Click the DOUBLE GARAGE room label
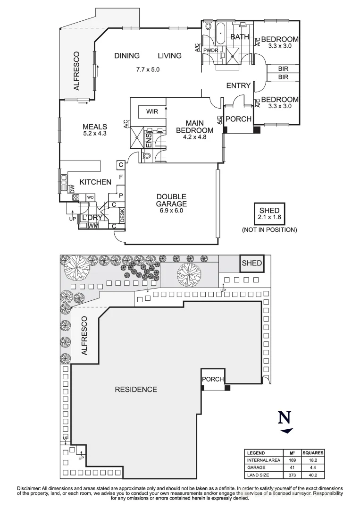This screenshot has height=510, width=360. click(171, 200)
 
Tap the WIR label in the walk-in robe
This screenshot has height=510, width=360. click(152, 112)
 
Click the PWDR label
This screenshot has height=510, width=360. click(210, 50)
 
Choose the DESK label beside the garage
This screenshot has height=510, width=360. click(122, 215)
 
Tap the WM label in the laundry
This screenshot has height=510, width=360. click(93, 226)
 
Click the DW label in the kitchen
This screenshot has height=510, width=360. click(72, 189)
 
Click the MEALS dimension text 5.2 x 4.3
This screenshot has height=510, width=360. click(95, 134)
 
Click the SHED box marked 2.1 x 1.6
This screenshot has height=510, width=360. click(269, 214)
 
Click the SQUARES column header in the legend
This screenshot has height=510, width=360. click(313, 452)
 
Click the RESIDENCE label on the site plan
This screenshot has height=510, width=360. click(136, 390)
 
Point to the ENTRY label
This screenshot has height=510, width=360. click(238, 85)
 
